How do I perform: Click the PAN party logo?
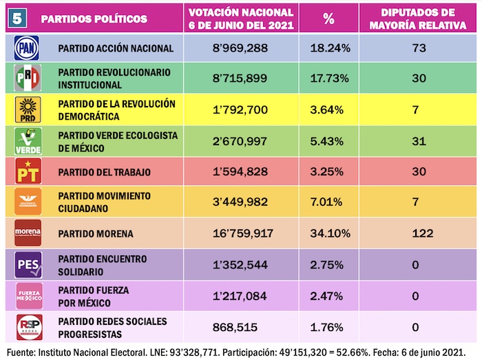(28, 48)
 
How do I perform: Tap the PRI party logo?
(28, 79)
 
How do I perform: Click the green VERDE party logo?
(28, 140)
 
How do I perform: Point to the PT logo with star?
(28, 171)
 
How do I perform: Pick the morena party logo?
(28, 233)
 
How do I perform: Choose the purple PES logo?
(28, 264)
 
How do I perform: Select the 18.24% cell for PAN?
(328, 49)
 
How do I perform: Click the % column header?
(328, 19)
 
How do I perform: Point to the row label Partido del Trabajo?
(104, 172)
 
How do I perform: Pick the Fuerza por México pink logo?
(28, 295)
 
